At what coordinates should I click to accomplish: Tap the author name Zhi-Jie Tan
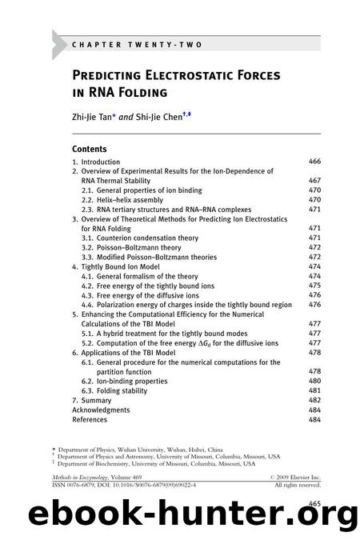pyautogui.click(x=99, y=114)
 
